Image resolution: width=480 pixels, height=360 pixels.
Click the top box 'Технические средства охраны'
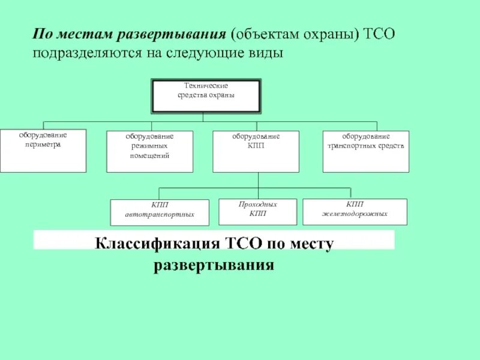(206, 96)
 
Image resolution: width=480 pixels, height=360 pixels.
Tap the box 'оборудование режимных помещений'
(150, 151)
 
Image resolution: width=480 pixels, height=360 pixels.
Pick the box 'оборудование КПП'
(257, 151)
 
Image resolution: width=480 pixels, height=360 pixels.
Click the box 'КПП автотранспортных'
(160, 212)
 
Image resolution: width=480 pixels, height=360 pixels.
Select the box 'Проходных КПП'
(257, 212)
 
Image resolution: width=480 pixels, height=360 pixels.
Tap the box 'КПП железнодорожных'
(355, 212)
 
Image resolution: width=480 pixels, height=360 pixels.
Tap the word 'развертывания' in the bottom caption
(214, 265)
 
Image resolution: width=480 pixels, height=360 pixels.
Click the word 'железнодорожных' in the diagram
(355, 214)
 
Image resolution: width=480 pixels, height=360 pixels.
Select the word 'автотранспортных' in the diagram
(160, 214)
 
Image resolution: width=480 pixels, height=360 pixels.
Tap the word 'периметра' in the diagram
(42, 145)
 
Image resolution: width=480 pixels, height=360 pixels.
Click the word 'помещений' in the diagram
(150, 155)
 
